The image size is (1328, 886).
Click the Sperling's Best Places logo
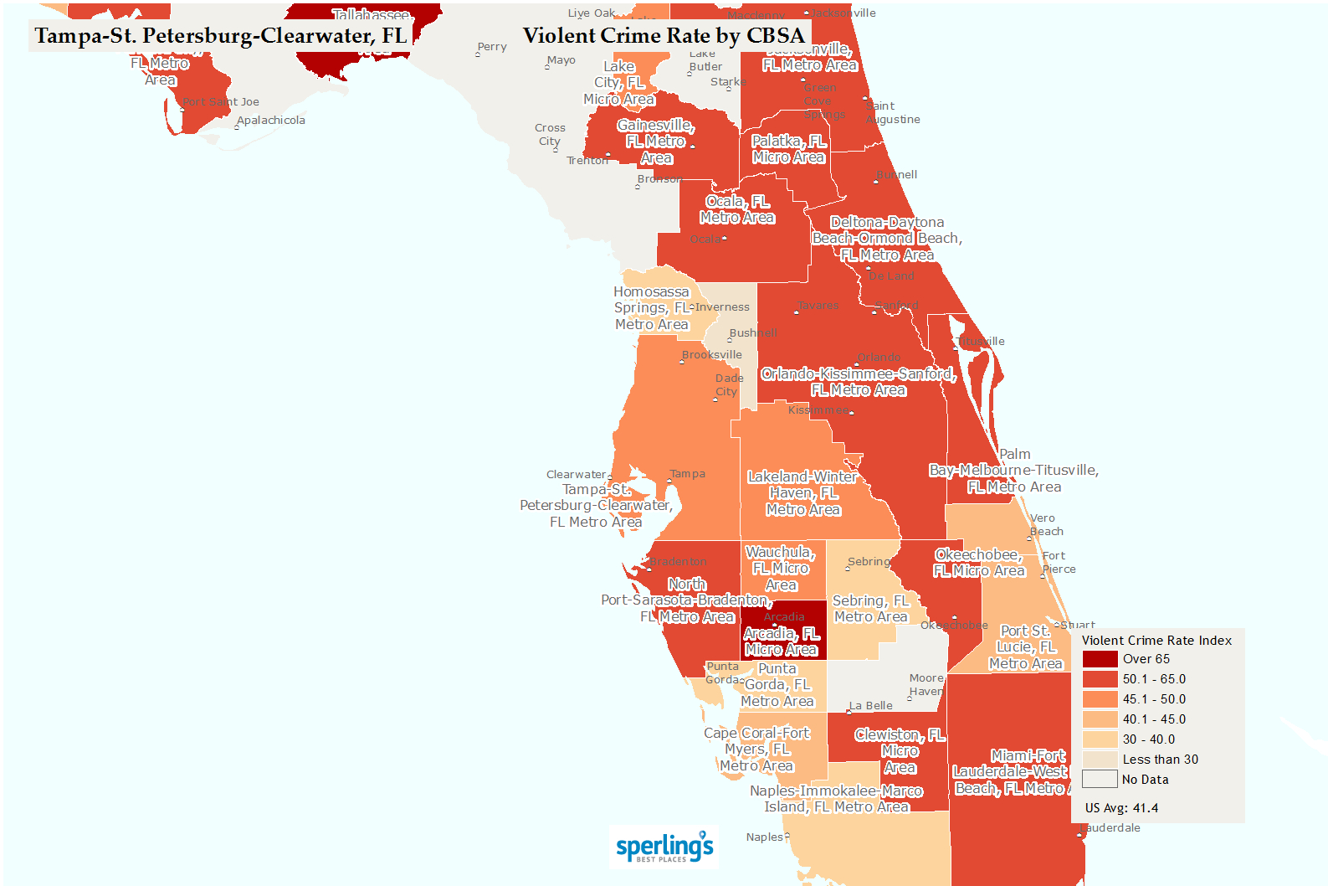click(x=664, y=847)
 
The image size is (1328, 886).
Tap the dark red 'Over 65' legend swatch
click(x=1100, y=659)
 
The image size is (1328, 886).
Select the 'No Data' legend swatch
click(x=1100, y=779)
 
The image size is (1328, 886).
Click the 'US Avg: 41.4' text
click(x=1121, y=808)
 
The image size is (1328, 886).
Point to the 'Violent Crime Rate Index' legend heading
click(x=1156, y=641)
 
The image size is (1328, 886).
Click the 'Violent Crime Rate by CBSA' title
click(x=664, y=35)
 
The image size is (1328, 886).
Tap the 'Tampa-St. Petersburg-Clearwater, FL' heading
click(x=221, y=36)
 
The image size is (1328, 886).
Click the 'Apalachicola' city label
click(x=270, y=121)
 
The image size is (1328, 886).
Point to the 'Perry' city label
click(x=492, y=47)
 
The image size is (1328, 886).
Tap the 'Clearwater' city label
click(x=576, y=475)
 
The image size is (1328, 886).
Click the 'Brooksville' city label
click(x=711, y=355)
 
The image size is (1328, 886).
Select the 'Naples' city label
click(x=765, y=837)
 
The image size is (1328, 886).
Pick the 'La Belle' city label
click(x=871, y=706)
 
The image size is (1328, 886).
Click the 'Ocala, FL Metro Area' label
click(x=737, y=209)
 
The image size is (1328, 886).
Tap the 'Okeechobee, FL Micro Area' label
click(x=979, y=563)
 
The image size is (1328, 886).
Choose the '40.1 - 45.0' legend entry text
click(x=1154, y=719)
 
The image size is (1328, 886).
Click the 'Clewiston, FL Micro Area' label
click(x=900, y=751)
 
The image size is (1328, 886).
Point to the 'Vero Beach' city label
click(x=1046, y=525)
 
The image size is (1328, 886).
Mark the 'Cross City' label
click(x=550, y=135)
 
